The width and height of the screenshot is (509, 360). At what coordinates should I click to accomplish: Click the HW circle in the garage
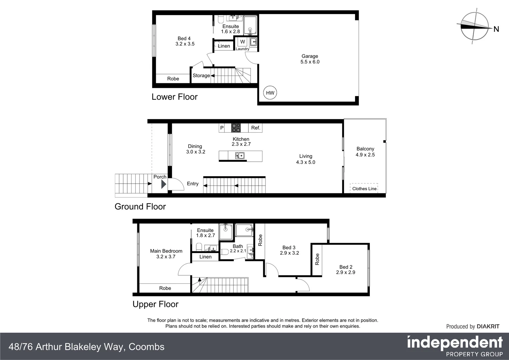[270, 93]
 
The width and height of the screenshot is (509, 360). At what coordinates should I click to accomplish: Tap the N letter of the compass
[496, 29]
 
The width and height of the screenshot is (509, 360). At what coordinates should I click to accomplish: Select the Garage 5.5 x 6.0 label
[310, 59]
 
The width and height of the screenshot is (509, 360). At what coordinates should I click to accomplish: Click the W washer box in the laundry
[243, 42]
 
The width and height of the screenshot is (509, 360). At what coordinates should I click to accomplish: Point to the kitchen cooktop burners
[236, 128]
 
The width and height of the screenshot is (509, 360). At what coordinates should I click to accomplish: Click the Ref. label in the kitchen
[255, 128]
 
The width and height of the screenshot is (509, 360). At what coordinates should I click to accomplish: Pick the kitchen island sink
[240, 155]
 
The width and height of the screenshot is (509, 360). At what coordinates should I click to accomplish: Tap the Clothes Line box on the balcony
[364, 188]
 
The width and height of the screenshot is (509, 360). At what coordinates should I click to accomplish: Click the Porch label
[160, 177]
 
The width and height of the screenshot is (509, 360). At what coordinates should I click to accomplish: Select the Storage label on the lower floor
[201, 76]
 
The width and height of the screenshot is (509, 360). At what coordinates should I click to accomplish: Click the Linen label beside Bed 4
[224, 46]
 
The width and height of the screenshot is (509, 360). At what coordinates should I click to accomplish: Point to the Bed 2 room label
[346, 270]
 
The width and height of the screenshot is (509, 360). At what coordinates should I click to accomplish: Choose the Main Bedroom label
[166, 254]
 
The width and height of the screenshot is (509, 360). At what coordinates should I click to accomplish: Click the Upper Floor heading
[156, 304]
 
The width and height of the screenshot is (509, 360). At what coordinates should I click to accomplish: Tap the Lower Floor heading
[175, 97]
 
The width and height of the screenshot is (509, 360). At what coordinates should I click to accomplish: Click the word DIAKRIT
[488, 327]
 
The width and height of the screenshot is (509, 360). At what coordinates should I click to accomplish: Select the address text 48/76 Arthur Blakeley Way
[67, 347]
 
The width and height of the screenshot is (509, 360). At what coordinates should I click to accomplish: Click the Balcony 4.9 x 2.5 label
[365, 152]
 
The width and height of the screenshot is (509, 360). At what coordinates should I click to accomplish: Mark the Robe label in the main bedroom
[165, 288]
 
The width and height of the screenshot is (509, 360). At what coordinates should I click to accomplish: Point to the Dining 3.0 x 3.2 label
[195, 149]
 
